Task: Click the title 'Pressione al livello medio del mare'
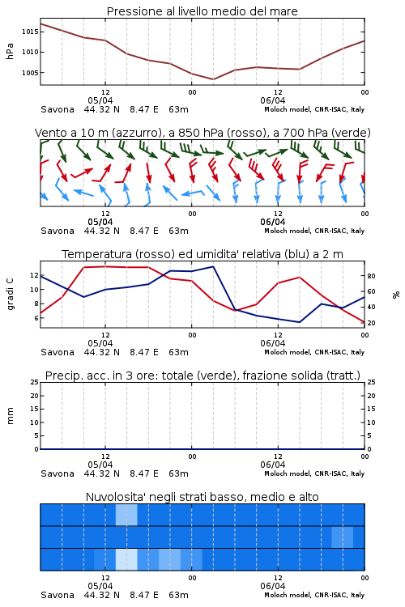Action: [x=202, y=11]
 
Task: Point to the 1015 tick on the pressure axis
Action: [x=30, y=32]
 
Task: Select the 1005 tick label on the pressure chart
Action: [x=30, y=73]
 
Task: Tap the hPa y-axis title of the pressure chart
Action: [x=10, y=52]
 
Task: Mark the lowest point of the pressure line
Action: [x=213, y=79]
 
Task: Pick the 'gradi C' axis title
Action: [x=10, y=294]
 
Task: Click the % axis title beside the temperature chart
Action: [x=396, y=295]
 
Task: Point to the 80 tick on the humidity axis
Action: [x=371, y=276]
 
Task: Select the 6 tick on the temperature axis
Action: [x=36, y=318]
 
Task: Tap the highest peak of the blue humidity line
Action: [x=213, y=266]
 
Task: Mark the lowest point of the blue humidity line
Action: [x=299, y=322]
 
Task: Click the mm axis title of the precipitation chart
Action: [x=10, y=416]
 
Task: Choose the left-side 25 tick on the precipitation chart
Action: [x=35, y=383]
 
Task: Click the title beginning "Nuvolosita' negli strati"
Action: [x=202, y=497]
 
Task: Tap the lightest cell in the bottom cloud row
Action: [x=126, y=559]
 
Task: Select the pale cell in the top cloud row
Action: [x=126, y=515]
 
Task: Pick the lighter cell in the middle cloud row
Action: [x=342, y=537]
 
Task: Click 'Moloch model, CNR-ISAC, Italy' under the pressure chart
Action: [x=314, y=109]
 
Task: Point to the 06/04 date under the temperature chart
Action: [x=273, y=343]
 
